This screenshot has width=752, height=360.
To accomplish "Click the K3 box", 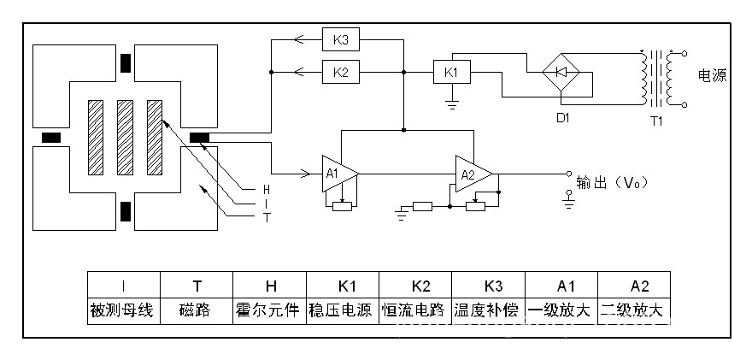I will click(x=341, y=39).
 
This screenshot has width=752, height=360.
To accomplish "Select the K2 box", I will click(x=341, y=73).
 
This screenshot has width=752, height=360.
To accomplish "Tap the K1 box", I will click(x=451, y=73).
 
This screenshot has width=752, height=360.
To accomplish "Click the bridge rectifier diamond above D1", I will click(x=562, y=72).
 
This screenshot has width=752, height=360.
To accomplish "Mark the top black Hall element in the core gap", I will click(x=126, y=65).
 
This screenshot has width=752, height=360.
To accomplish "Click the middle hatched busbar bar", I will click(x=125, y=138).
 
